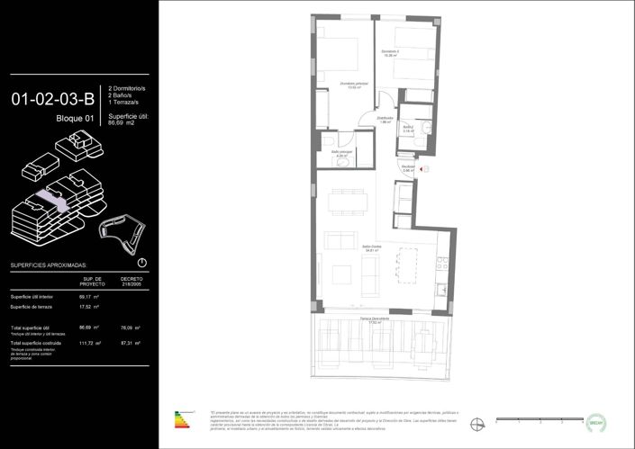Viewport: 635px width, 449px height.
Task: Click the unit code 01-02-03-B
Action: click(53, 99)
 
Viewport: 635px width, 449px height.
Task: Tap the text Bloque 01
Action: click(75, 119)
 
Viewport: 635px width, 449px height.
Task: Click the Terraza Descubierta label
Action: click(377, 320)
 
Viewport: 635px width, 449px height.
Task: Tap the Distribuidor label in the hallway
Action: click(384, 120)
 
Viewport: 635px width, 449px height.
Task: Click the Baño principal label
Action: click(341, 154)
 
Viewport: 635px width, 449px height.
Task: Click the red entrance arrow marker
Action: click(427, 167)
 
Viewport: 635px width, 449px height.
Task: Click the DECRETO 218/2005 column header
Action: click(132, 282)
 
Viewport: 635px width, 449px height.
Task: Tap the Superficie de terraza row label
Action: click(35, 307)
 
